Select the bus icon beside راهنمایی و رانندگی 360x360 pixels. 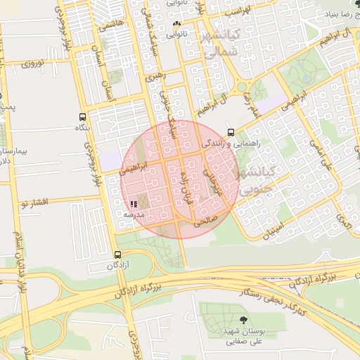[231, 132]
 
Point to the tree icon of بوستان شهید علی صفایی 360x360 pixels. [243, 320]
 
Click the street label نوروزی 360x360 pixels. [33, 64]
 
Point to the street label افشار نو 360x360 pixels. [33, 203]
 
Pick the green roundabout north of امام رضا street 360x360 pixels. [243, 87]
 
